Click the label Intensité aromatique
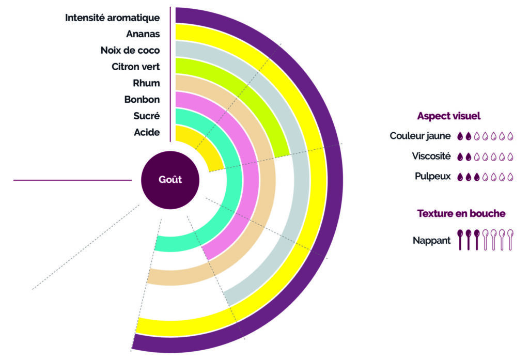112,18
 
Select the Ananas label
143,35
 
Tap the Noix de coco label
130,51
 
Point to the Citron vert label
135,67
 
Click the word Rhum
146,83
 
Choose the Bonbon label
142,100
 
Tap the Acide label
147,133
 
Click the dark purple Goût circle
170,180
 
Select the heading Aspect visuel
449,116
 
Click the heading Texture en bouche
461,213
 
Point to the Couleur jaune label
420,136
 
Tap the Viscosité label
431,156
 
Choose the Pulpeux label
433,176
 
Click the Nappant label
432,240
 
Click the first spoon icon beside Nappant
460,239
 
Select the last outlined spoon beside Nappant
510,239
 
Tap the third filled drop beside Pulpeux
477,177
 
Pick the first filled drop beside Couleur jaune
460,137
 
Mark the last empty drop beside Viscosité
510,156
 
